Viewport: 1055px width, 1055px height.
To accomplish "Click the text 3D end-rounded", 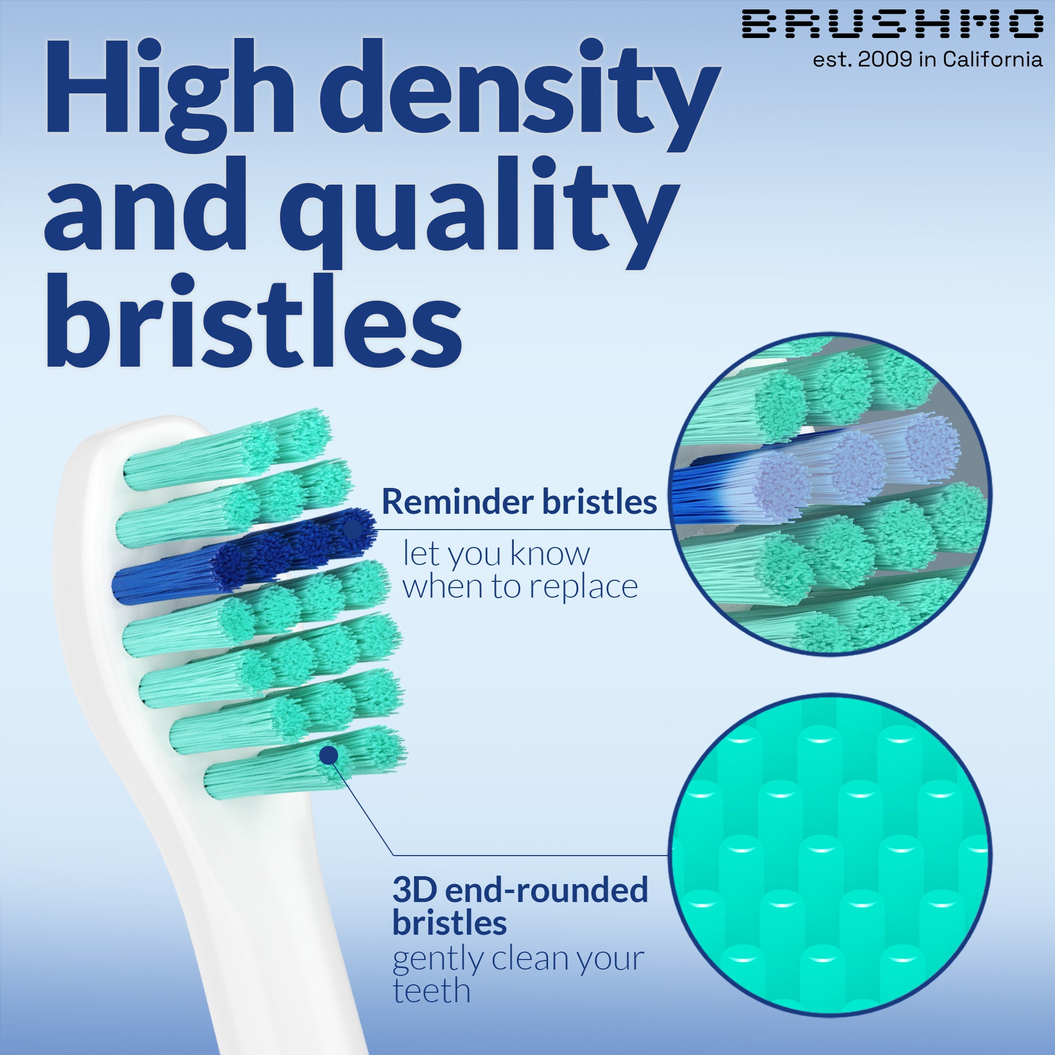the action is tap(520, 890).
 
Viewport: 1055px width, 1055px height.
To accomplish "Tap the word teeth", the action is tap(431, 991).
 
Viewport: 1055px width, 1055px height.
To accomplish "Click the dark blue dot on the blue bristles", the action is tap(354, 528).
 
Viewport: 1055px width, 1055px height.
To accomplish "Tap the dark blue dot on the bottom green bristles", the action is tap(328, 756).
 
